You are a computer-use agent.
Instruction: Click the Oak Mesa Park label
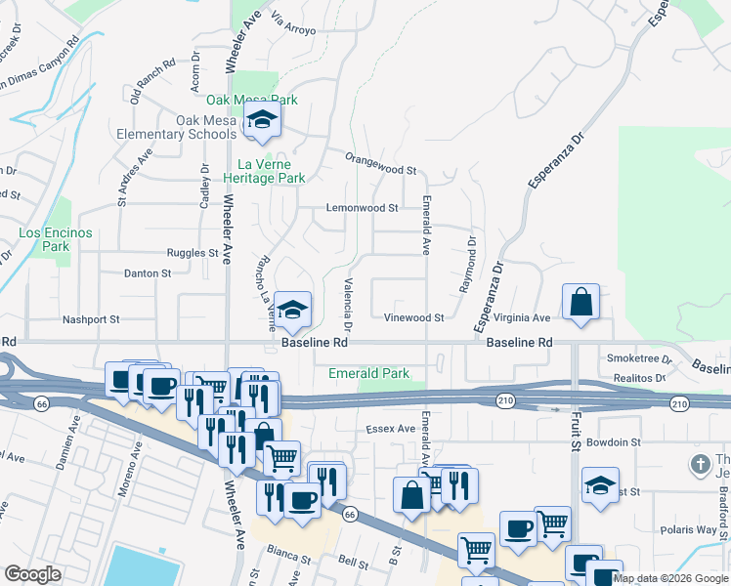251,100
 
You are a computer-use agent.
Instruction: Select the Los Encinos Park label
56,239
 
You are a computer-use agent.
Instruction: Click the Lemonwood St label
362,208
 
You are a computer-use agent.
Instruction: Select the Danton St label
148,273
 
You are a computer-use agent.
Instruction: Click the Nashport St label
91,319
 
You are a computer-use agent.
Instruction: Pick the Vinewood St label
413,317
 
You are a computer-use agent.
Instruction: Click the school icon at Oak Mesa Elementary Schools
262,121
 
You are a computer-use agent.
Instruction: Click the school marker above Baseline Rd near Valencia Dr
292,310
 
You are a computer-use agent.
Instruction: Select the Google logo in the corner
32,574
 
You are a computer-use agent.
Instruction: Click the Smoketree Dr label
636,358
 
